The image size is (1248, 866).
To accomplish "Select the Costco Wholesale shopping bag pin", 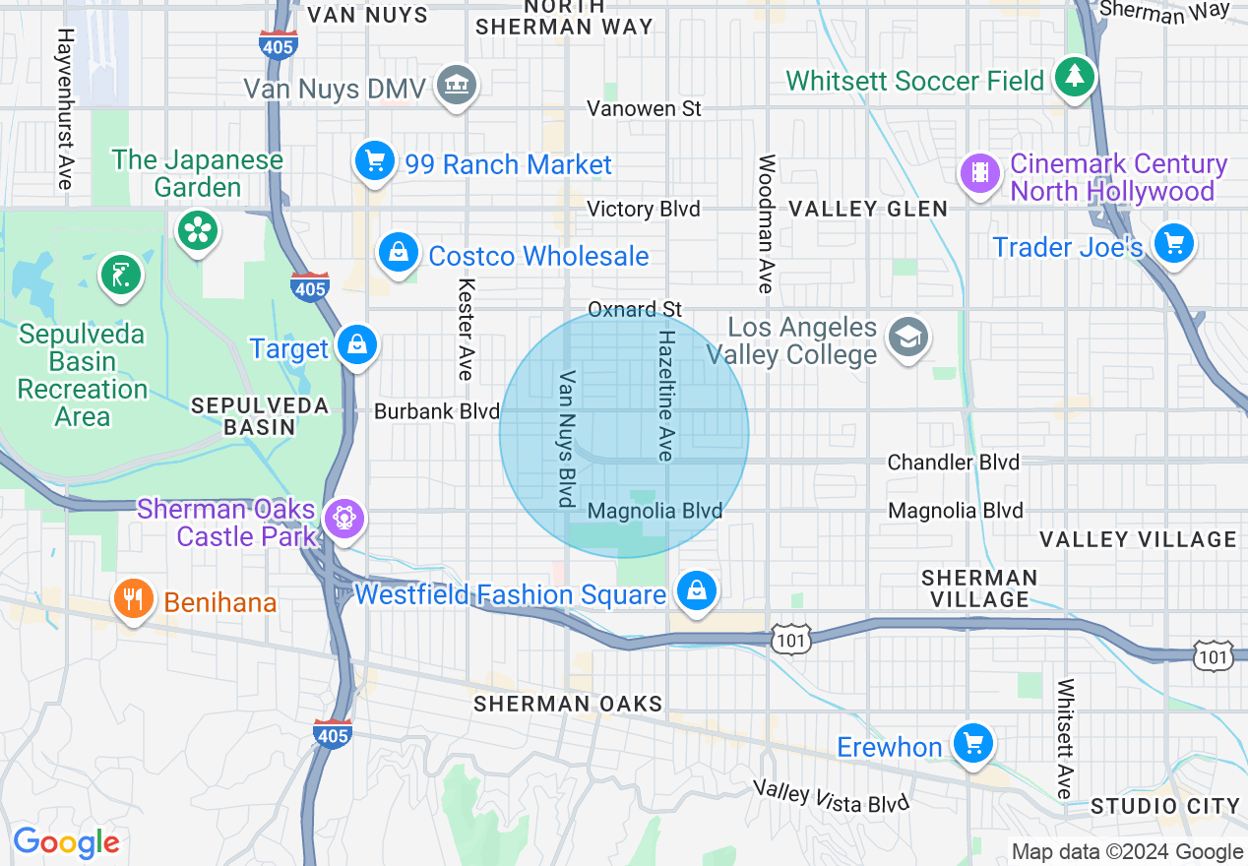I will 399,252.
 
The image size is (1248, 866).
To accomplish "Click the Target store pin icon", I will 356,345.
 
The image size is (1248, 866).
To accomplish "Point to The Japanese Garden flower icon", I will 198,231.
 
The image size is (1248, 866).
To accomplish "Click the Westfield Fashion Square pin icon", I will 697,590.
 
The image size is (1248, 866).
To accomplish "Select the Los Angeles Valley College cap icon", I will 907,338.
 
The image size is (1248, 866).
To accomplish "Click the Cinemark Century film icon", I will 980,173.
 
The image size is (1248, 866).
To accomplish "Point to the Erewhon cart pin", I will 973,743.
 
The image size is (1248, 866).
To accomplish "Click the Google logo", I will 66,842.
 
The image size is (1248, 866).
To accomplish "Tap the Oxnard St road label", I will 635,309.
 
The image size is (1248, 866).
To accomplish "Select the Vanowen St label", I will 644,108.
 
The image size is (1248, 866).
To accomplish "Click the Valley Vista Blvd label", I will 832,796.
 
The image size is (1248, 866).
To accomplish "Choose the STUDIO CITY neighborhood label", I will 1165,807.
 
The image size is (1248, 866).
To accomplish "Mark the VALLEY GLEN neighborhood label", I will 868,209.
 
